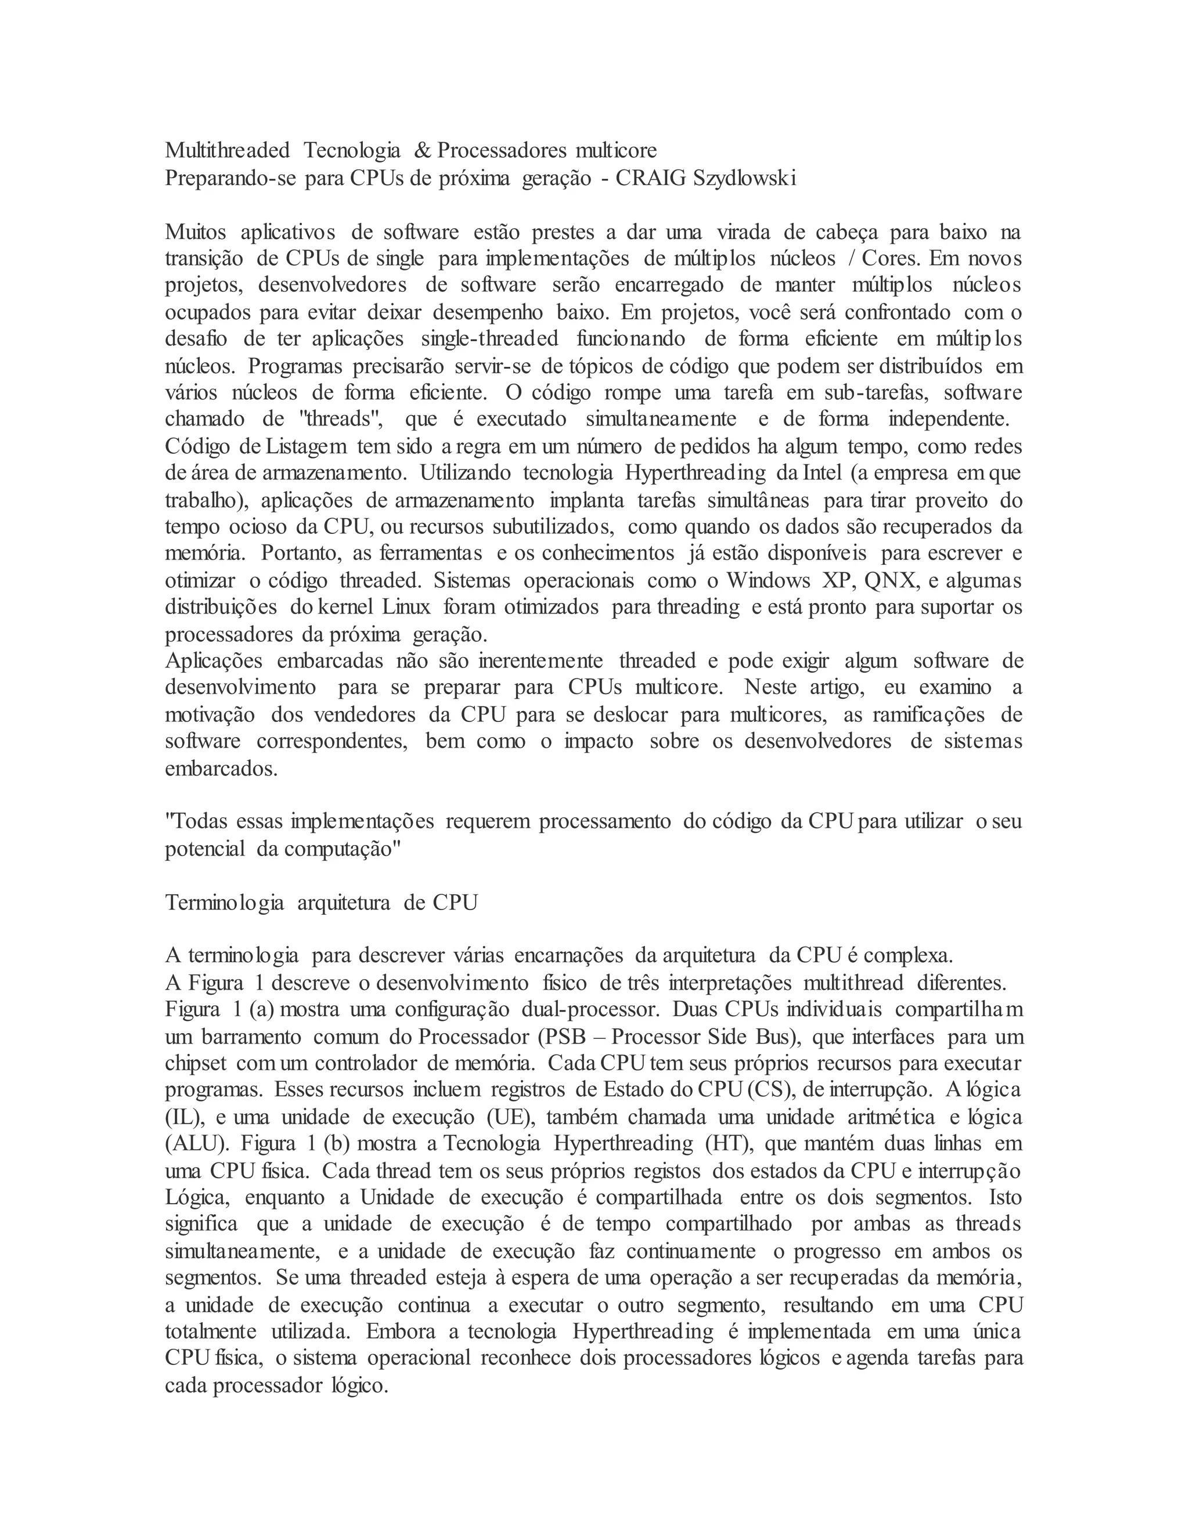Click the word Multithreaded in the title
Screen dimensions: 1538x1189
click(x=227, y=150)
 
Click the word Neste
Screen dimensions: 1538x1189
click(x=770, y=687)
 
